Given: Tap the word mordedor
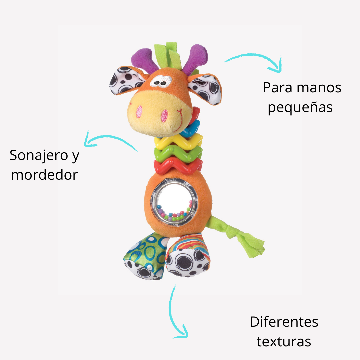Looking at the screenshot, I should (x=44, y=175).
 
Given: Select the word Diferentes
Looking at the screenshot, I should (x=284, y=322).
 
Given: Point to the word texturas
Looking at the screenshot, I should (x=284, y=341).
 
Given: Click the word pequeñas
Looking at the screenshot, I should (x=300, y=108).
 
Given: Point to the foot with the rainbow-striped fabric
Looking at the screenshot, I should (x=188, y=255).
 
